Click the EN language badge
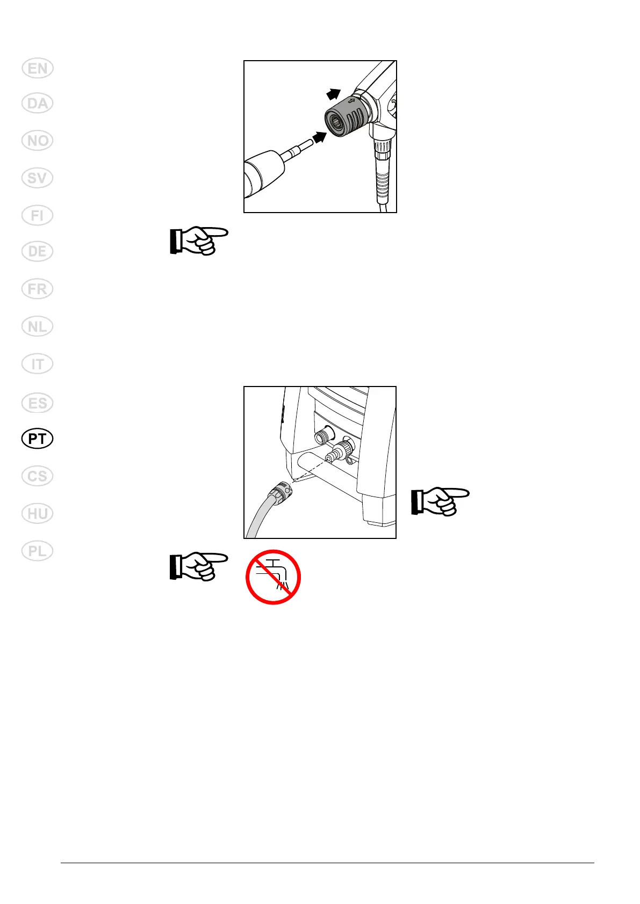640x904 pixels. click(38, 69)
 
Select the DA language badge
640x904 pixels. click(38, 103)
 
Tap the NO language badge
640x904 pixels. click(38, 141)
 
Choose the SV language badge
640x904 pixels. click(38, 178)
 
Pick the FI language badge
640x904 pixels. click(38, 215)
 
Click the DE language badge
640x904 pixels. click(38, 251)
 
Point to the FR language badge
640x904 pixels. click(38, 289)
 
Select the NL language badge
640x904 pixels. click(38, 326)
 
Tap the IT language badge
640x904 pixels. click(38, 364)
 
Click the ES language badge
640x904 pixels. click(38, 403)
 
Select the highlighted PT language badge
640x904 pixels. click(38, 439)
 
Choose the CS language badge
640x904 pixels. click(38, 476)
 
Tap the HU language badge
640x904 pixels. click(38, 514)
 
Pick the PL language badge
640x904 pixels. click(38, 551)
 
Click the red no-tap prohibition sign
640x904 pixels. click(273, 577)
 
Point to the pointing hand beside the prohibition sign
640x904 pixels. click(198, 566)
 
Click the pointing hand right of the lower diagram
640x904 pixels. click(440, 502)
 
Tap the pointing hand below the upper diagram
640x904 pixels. click(198, 240)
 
